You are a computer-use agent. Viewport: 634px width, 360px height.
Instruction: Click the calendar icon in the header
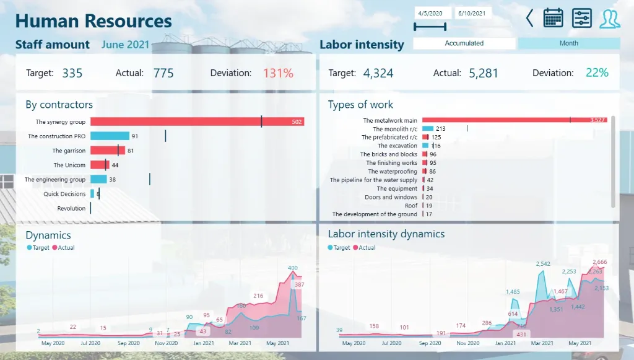point(553,18)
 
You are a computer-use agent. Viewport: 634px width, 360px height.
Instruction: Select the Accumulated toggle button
point(464,43)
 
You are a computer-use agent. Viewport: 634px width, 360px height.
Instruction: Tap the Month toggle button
point(568,43)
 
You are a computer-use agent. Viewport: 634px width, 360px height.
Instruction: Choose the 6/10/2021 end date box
point(472,13)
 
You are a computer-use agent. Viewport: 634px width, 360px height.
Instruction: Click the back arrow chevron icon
point(529,18)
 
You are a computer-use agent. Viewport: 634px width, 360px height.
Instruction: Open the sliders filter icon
point(581,18)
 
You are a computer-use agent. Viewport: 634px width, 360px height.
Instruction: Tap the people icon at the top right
point(609,18)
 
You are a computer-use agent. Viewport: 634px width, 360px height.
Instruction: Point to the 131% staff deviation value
point(278,73)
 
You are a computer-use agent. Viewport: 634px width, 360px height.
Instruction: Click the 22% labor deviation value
point(597,73)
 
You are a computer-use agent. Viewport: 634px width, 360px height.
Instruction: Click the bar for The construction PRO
point(110,136)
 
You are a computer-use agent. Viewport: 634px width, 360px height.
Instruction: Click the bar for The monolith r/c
point(427,129)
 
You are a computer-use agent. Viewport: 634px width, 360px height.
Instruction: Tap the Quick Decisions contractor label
point(64,194)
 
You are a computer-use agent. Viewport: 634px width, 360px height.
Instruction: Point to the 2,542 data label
point(543,264)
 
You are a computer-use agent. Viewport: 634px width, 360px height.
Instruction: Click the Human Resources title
point(93,21)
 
